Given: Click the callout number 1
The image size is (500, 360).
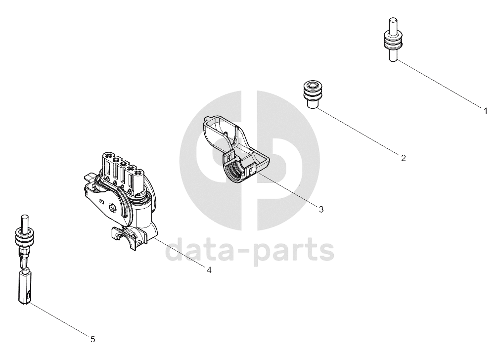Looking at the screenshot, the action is coord(486,111).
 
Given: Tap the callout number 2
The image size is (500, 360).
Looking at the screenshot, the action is coord(404,158).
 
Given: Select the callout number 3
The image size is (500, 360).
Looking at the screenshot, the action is coord(321,210).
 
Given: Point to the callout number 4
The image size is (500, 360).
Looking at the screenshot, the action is coord(209,270).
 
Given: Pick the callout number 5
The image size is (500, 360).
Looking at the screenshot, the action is coord(93,339).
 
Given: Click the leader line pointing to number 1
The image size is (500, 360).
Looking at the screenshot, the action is coord(439,84).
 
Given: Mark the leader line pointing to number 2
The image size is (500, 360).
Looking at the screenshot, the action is coord(358,132).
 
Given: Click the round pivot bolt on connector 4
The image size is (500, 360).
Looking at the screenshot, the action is coord(112,208).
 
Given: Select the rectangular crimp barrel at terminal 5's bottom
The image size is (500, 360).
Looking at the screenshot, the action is coord(25,288).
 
